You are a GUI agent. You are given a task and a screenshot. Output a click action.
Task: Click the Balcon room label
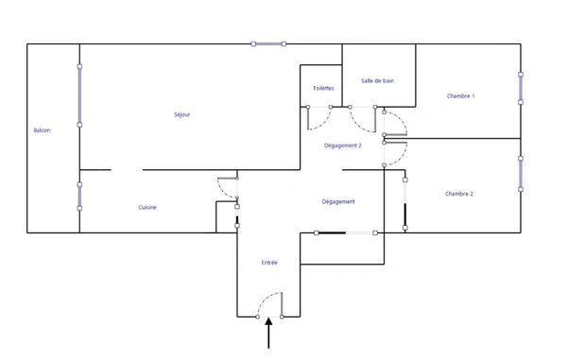tap(42, 130)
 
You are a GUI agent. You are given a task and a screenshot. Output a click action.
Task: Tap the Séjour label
tap(181, 114)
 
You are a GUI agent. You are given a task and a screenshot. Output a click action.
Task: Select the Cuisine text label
tap(147, 207)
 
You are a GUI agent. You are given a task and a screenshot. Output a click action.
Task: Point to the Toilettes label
tap(323, 88)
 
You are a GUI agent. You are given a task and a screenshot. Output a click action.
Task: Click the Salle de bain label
tap(377, 80)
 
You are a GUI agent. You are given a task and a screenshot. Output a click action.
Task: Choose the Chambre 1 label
tap(461, 95)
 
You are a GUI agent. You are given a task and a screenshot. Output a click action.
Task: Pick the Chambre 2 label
tap(459, 194)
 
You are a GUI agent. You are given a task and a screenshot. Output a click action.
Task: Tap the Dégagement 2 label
tap(343, 146)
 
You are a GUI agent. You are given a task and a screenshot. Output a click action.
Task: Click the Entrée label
tap(269, 263)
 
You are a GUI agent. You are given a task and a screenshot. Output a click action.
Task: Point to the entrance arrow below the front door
tap(268, 333)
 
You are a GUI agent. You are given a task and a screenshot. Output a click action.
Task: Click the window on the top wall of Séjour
tap(268, 44)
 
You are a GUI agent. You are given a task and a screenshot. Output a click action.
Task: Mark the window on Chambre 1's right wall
tap(521, 88)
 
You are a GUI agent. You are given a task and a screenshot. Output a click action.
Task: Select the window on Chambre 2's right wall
tap(521, 174)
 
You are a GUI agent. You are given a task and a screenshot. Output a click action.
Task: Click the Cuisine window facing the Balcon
tap(79, 197)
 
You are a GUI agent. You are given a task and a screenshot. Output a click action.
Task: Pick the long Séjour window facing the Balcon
tap(79, 95)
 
